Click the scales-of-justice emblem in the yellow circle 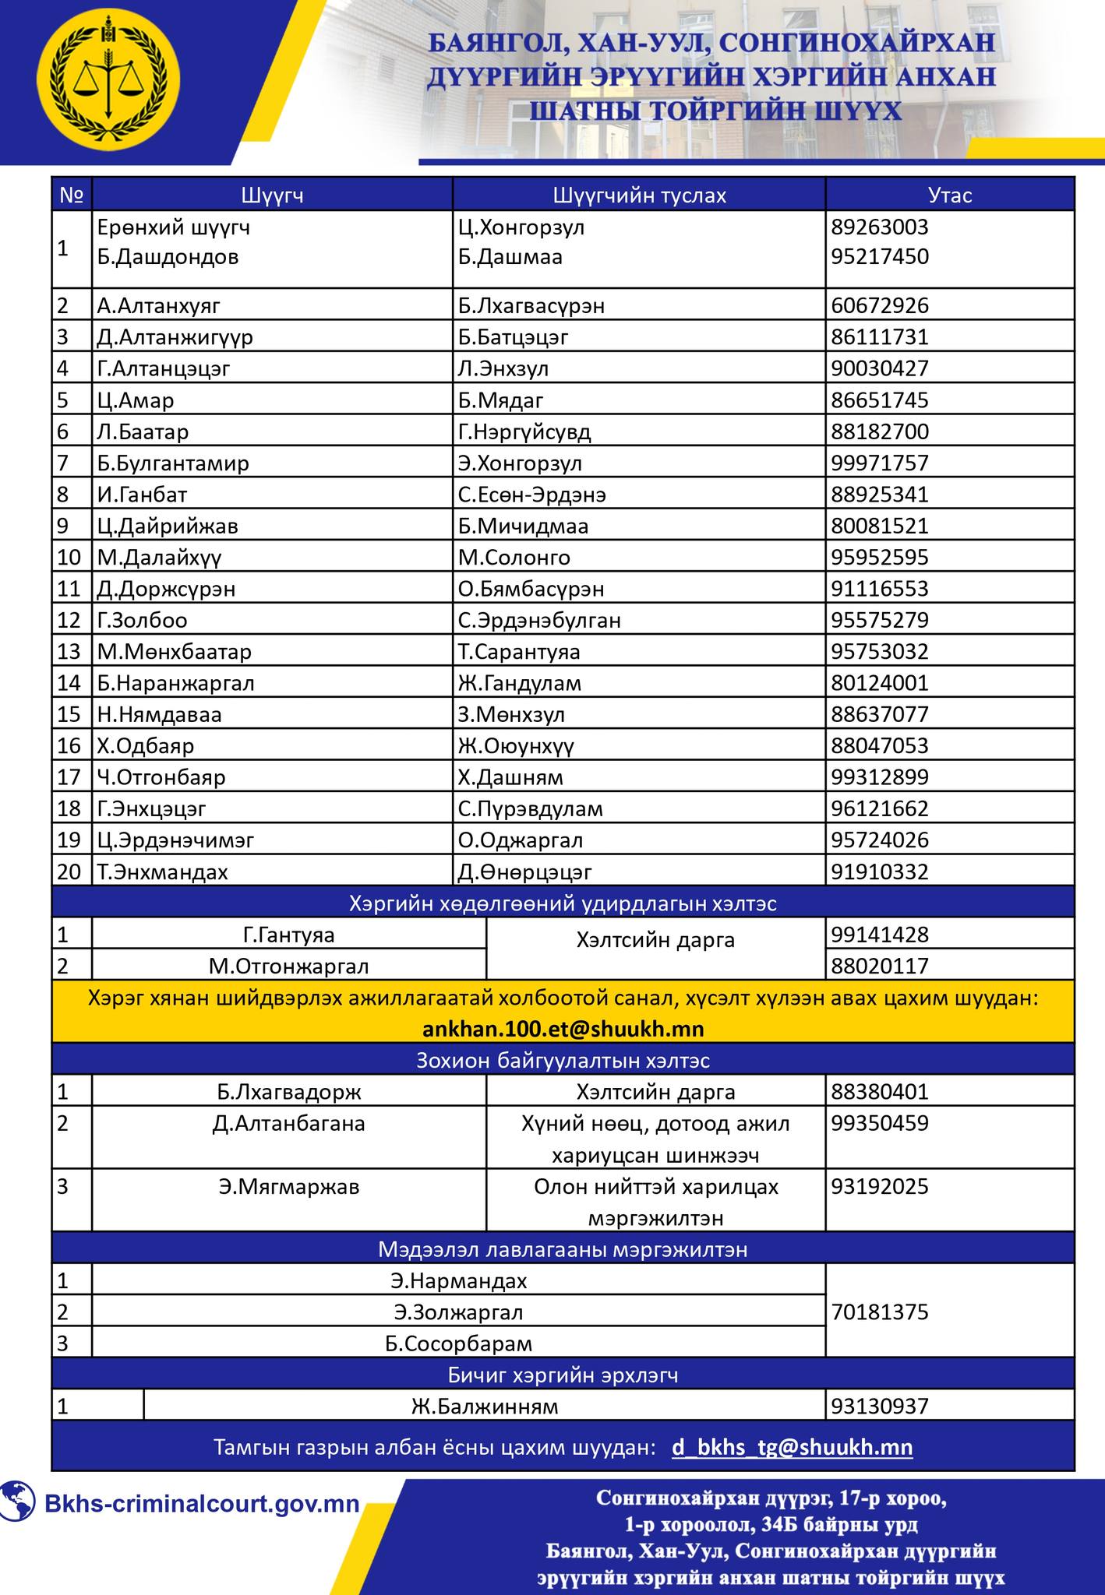[x=109, y=81]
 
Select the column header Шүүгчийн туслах [x=639, y=195]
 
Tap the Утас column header [x=950, y=195]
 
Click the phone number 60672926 [x=880, y=305]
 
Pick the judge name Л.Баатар [x=143, y=431]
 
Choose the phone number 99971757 [x=880, y=463]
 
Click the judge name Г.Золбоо [x=142, y=620]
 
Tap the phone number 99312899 [x=880, y=777]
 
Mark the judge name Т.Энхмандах [x=162, y=871]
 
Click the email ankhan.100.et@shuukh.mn [x=563, y=1029]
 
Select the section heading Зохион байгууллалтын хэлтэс [x=563, y=1061]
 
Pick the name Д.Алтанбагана [x=288, y=1123]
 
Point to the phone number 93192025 [x=880, y=1186]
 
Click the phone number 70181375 [x=880, y=1312]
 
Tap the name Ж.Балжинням [x=485, y=1406]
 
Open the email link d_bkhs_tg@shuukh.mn [x=792, y=1447]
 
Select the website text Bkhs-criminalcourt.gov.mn [x=202, y=1503]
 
